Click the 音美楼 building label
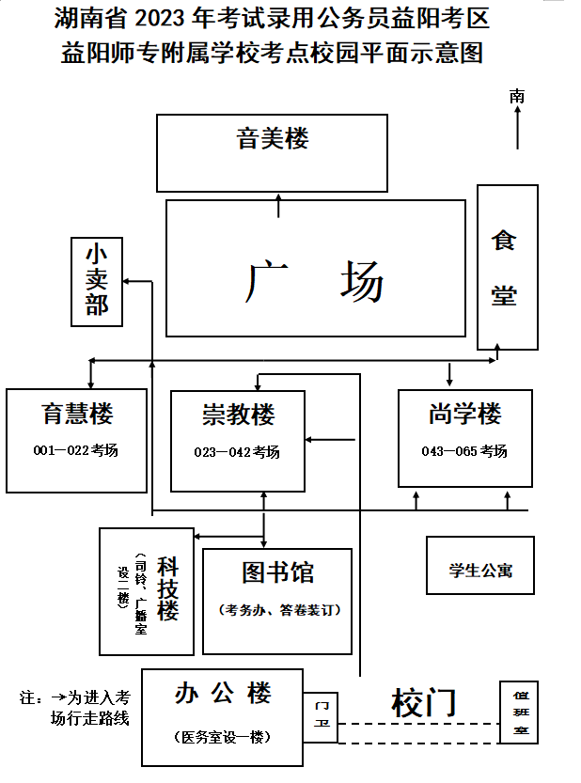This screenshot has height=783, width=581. [272, 139]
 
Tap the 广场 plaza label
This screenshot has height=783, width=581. [316, 281]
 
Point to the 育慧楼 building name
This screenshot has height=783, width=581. [77, 414]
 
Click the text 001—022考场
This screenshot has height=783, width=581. [76, 450]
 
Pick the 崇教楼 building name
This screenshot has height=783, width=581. [238, 415]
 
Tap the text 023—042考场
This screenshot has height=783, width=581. [237, 452]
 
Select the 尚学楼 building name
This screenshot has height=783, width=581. [464, 414]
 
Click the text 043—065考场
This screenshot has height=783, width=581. [464, 451]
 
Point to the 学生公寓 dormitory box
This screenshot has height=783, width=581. [479, 566]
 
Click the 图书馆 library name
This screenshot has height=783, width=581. [277, 572]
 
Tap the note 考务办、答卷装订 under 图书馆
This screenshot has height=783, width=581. [277, 610]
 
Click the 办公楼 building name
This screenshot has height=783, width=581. [223, 695]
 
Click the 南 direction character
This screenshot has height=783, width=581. [517, 96]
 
